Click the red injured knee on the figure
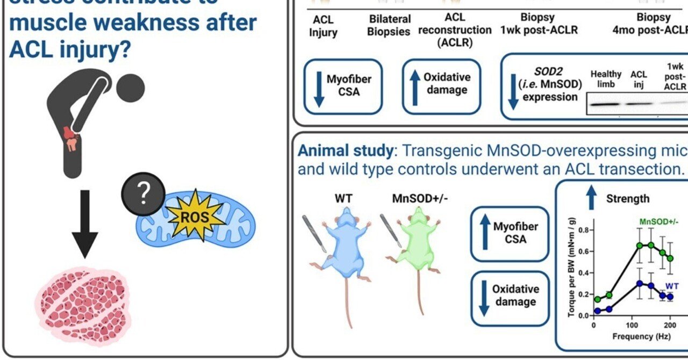pyautogui.click(x=71, y=139)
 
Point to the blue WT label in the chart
pyautogui.click(x=672, y=286)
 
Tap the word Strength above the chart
pyautogui.click(x=628, y=199)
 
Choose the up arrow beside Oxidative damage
pyautogui.click(x=415, y=87)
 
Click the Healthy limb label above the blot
pyautogui.click(x=605, y=78)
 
